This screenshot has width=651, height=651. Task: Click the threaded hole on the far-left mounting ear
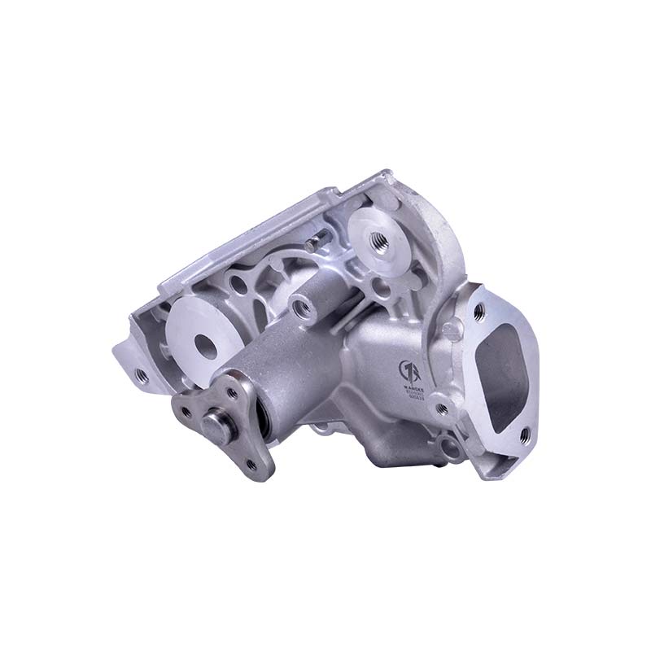coord(141,375)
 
